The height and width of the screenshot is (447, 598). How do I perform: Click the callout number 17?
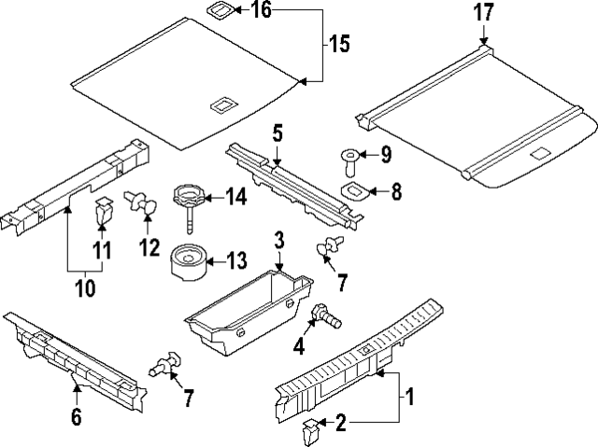(x=484, y=14)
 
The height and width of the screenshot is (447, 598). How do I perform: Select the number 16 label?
(x=261, y=11)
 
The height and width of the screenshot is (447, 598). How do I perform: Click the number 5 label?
(x=277, y=133)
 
